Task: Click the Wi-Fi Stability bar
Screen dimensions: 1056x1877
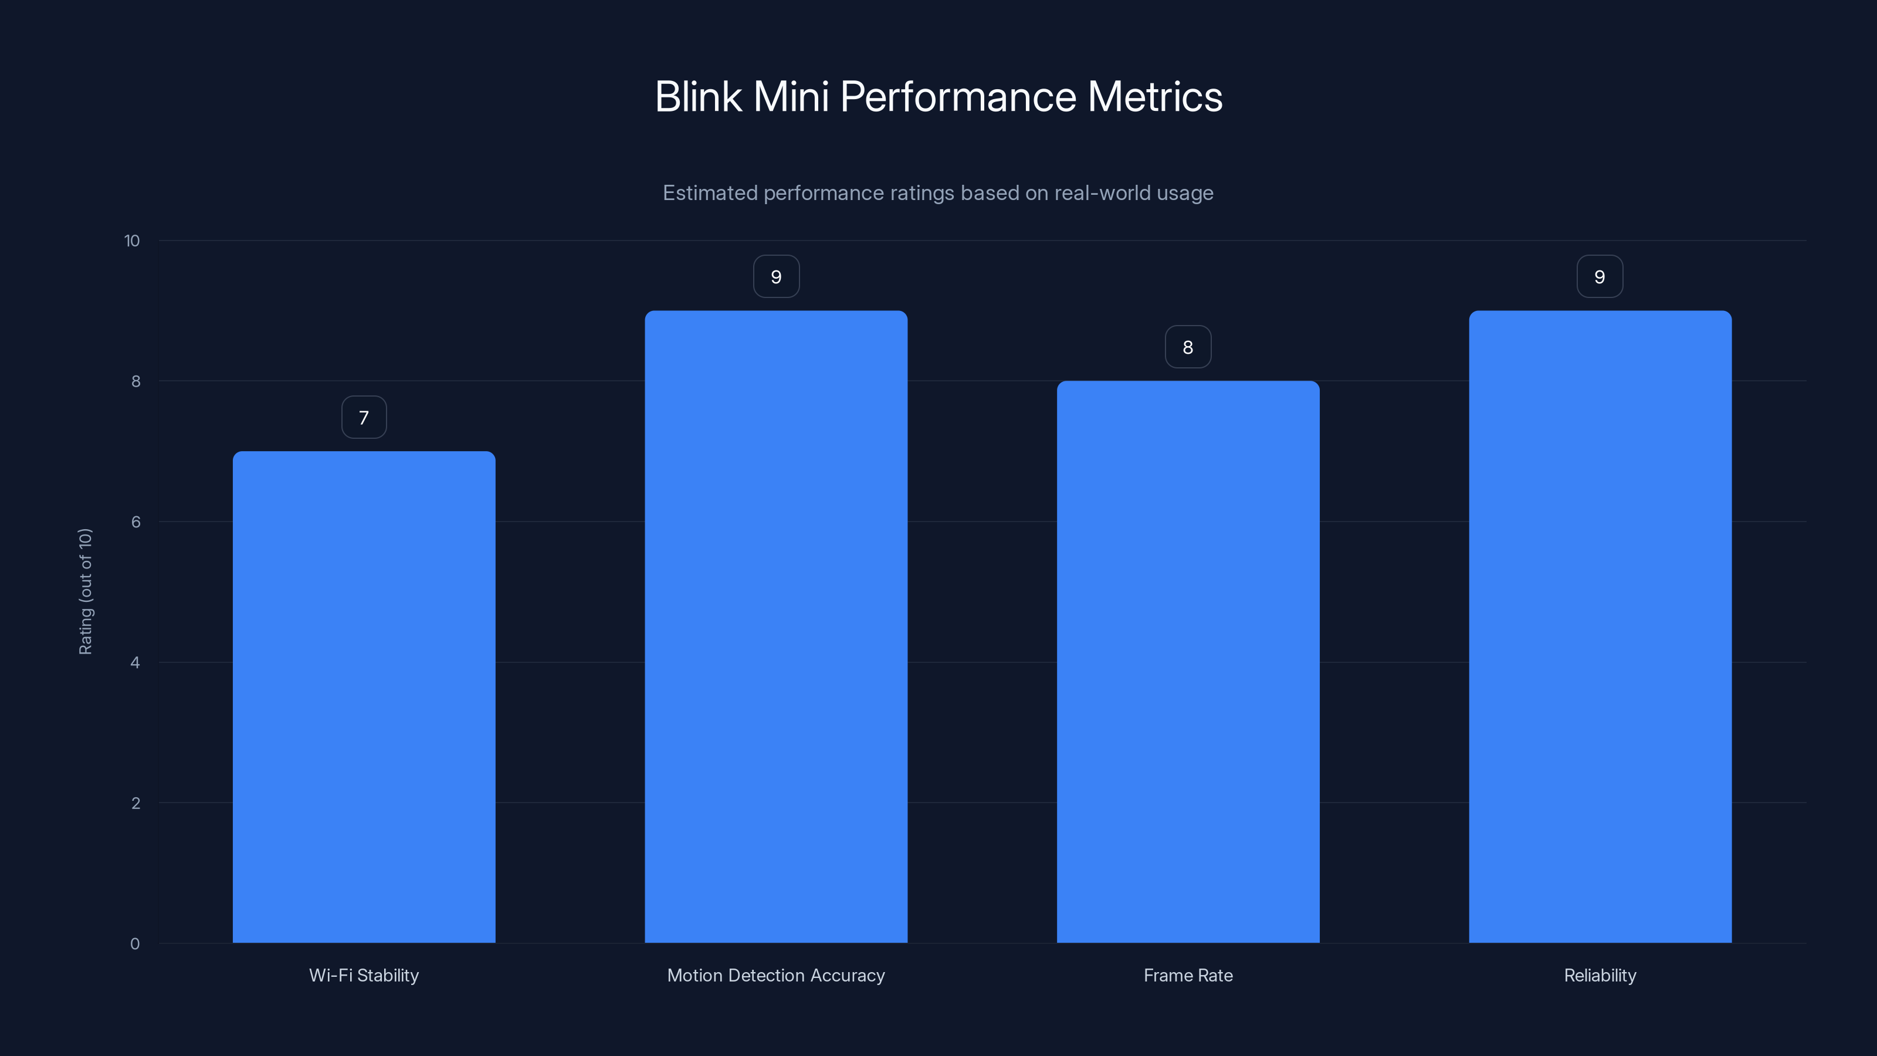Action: point(364,697)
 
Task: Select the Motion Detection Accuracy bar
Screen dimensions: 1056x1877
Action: point(776,627)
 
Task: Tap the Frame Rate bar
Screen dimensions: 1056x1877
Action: point(1188,662)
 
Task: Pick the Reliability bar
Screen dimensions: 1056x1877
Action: point(1600,627)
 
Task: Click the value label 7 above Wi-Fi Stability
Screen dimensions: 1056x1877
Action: point(364,418)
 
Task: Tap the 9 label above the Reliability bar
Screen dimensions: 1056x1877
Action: point(1600,277)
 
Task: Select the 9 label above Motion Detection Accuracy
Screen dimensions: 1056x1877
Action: point(776,277)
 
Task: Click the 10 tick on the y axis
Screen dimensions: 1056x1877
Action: point(132,241)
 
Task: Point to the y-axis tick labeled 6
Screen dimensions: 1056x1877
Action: point(135,522)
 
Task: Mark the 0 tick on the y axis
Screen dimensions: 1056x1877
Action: point(135,944)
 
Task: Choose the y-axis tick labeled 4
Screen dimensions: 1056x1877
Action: point(135,662)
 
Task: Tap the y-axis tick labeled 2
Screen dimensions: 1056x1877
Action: point(135,803)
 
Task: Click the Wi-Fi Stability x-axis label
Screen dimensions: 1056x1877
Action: point(364,975)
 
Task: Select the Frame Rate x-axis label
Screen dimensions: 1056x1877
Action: point(1188,975)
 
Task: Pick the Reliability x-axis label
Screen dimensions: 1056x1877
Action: point(1600,975)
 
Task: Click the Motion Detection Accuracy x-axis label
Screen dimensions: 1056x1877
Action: point(776,975)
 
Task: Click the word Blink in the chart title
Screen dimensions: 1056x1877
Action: point(698,97)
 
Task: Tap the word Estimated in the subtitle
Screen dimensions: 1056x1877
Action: point(710,193)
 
